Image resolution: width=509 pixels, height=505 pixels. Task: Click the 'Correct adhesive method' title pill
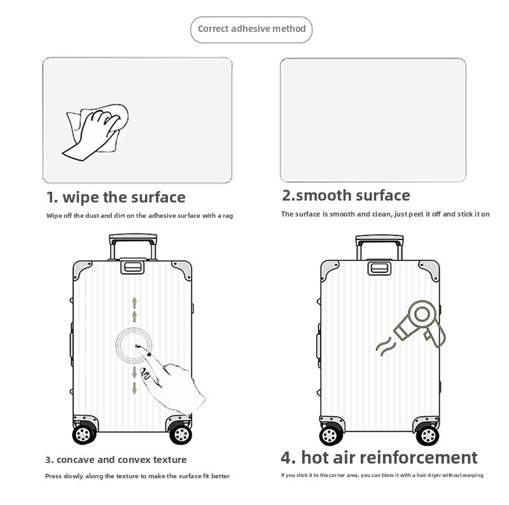251,29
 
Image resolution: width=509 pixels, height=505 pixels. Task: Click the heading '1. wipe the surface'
116,197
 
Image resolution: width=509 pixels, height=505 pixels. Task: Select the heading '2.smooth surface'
345,196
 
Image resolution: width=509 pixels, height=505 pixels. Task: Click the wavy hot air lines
386,346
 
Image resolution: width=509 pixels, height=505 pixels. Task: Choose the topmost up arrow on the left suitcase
134,302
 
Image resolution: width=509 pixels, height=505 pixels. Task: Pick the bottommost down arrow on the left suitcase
134,388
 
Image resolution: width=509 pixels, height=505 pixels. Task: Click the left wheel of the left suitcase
84,434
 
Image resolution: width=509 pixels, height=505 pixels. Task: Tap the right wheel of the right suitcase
428,435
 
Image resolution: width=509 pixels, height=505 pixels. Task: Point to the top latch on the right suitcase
379,268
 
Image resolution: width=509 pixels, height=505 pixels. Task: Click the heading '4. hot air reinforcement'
379,457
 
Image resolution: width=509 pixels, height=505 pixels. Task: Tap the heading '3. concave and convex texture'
116,460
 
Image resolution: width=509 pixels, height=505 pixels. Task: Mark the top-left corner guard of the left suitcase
81,269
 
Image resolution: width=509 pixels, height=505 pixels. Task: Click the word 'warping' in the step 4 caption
473,475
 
